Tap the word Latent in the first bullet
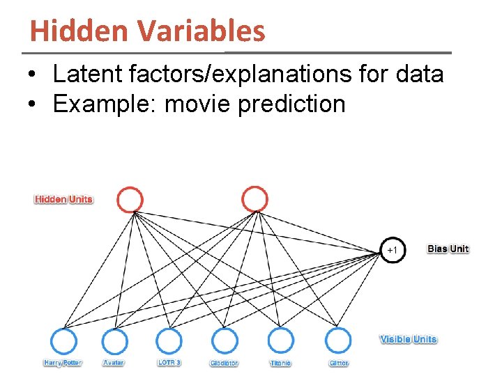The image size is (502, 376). point(85,74)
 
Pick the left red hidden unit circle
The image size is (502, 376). point(130,200)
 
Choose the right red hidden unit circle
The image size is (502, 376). point(254,200)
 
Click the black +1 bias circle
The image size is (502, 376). point(392,249)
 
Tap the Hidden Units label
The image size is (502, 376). point(64,200)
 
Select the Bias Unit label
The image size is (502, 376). point(448,249)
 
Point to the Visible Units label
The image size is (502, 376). point(409,340)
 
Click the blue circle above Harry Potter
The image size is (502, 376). point(64,342)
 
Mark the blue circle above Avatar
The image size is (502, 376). point(115,342)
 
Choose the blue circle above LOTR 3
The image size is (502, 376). point(168,342)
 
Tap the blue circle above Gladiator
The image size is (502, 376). point(225,342)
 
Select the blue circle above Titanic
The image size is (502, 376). point(281,342)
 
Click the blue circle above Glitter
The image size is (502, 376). point(338,342)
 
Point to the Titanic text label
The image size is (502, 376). point(281,363)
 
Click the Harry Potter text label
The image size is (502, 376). point(63,363)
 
